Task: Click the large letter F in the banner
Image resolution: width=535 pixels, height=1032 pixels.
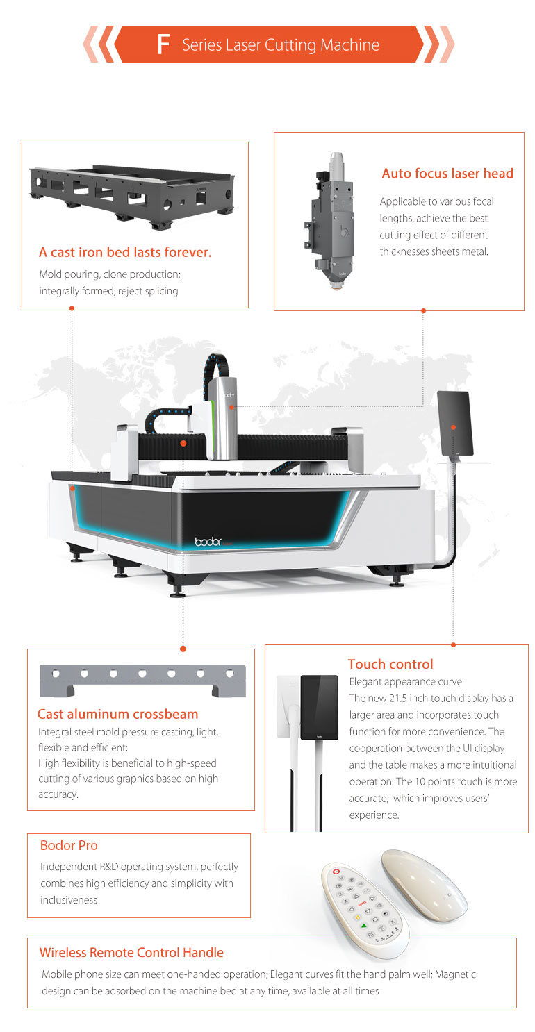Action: point(163,44)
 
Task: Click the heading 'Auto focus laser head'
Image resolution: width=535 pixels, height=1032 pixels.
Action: point(447,173)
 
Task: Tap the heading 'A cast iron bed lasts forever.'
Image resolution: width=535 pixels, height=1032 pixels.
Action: point(125,252)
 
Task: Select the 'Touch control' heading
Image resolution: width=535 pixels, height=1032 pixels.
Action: point(390,664)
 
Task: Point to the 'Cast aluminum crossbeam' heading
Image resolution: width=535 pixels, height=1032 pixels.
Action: point(117,714)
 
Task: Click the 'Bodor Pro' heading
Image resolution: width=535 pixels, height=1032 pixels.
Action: point(69,845)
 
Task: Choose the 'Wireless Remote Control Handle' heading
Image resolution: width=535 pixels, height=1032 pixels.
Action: point(131,952)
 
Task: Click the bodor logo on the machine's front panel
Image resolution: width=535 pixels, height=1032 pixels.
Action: point(208,541)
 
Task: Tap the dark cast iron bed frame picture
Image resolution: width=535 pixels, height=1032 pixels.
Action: point(131,197)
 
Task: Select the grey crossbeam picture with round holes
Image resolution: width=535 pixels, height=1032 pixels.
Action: point(142,681)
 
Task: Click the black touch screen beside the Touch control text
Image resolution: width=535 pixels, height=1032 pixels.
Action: point(320,707)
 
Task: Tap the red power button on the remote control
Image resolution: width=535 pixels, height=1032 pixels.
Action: point(336,872)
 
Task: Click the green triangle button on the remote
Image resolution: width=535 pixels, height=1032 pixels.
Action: point(364,925)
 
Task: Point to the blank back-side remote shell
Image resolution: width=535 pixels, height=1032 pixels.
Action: point(425,885)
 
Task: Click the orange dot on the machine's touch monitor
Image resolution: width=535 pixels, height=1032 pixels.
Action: point(454,427)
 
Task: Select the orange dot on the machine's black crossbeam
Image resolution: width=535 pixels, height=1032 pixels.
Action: point(183,443)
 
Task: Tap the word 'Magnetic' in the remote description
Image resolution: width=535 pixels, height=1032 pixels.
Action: point(455,974)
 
